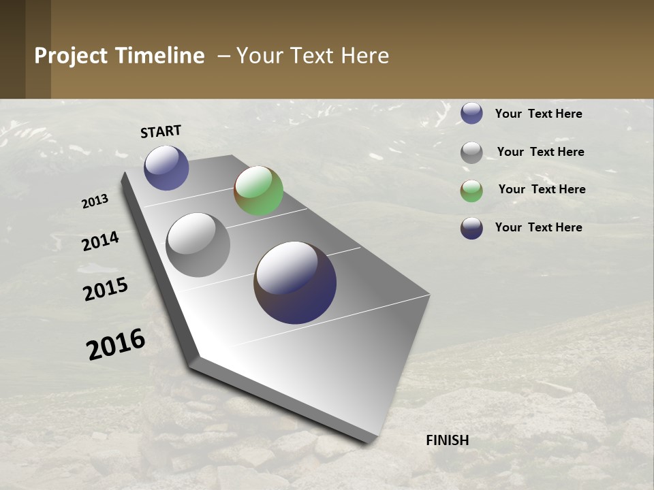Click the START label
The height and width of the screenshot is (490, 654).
(x=161, y=131)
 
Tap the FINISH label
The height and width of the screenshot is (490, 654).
(x=447, y=440)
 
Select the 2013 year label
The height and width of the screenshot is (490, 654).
(x=95, y=201)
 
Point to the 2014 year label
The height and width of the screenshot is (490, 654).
(x=100, y=242)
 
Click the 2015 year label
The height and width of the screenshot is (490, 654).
(x=106, y=289)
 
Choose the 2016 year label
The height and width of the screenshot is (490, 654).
(x=116, y=344)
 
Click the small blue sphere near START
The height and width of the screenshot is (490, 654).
(x=166, y=167)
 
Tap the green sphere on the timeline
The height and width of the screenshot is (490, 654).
(x=258, y=191)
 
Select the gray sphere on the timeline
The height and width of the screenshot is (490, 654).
(x=198, y=245)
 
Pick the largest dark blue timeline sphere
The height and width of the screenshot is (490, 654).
(x=295, y=282)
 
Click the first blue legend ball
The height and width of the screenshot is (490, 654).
(x=471, y=113)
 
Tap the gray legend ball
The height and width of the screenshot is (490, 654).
(x=471, y=152)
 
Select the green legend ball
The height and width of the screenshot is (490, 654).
(x=471, y=191)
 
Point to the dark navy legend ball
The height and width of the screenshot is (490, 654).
(x=471, y=228)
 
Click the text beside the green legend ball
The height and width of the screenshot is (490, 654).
(x=542, y=189)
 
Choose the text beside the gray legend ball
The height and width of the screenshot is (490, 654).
(x=540, y=152)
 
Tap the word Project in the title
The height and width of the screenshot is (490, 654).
(x=72, y=56)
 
